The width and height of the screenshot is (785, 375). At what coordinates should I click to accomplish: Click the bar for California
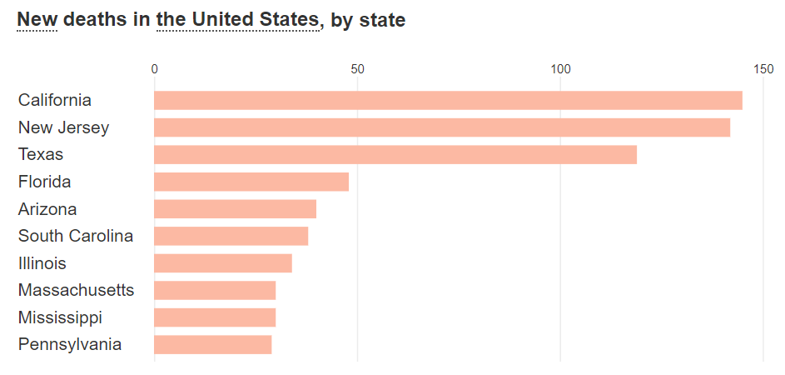[448, 100]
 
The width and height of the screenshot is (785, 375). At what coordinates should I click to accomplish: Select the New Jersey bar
[442, 127]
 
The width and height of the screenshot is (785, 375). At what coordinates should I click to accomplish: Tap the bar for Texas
[395, 155]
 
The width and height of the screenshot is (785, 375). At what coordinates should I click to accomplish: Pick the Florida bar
[251, 182]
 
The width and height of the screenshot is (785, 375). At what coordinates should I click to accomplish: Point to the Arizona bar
[235, 209]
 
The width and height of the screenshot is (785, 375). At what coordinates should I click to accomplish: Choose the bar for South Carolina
[231, 236]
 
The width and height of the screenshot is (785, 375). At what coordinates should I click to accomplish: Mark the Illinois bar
[223, 263]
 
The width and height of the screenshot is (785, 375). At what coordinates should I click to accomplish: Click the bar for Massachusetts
[215, 290]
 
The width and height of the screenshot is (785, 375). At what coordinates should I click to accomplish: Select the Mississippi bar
[215, 317]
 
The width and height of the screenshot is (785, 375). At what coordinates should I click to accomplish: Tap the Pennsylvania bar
[213, 344]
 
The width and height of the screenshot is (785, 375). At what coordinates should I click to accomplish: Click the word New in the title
[37, 19]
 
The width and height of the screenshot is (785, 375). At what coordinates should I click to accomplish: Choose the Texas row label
[41, 155]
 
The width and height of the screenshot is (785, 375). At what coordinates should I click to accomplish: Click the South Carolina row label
[76, 236]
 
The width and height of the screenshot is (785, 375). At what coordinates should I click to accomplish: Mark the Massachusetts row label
[76, 290]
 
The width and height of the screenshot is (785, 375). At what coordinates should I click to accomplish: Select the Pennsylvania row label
[70, 344]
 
